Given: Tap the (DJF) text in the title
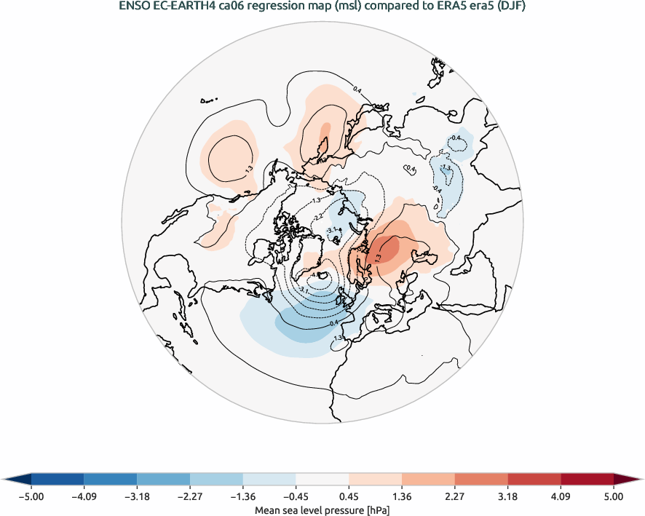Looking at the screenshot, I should point(511,7).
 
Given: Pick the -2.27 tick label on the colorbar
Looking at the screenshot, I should point(189,496).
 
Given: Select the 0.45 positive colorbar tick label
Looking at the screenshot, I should point(349,496).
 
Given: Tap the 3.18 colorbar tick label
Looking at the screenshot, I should point(507,496).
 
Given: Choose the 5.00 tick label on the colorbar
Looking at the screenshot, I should point(614,496).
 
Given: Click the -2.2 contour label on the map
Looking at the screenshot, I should point(318,217).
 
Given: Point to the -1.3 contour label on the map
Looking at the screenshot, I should point(316,200).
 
